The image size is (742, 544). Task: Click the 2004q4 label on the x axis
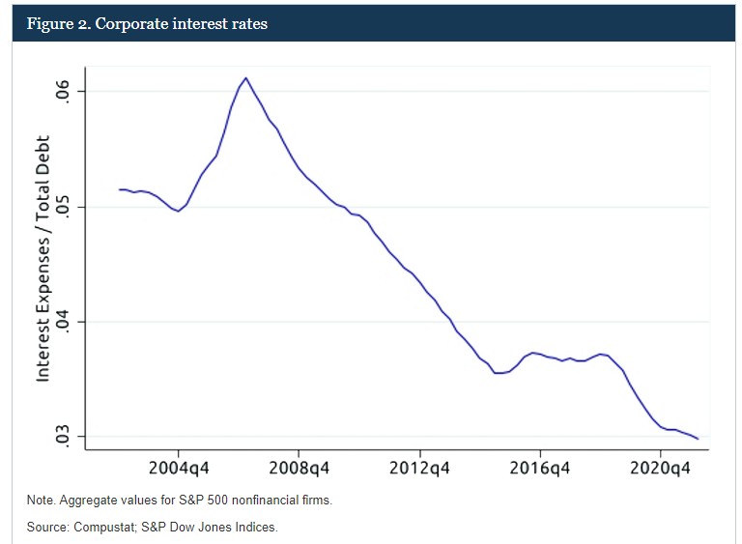point(179,469)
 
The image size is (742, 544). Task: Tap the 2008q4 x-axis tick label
point(300,469)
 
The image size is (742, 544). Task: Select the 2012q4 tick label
point(420,469)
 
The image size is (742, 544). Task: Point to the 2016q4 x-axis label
point(540,469)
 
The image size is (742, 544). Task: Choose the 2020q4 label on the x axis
point(661,469)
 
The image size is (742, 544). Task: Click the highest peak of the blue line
point(246,78)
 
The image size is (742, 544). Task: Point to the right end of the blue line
point(698,439)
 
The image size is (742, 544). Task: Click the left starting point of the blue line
point(119,189)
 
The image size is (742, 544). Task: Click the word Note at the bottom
point(41,501)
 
